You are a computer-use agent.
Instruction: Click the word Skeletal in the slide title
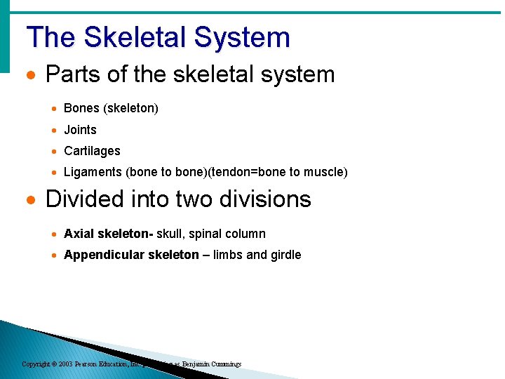(x=140, y=37)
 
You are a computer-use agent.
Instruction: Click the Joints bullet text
(x=80, y=130)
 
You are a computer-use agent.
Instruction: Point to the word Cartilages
(x=92, y=151)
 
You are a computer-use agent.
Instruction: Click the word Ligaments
(x=93, y=172)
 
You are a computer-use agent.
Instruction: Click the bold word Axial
(x=79, y=234)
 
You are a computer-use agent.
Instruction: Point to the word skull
(x=170, y=234)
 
